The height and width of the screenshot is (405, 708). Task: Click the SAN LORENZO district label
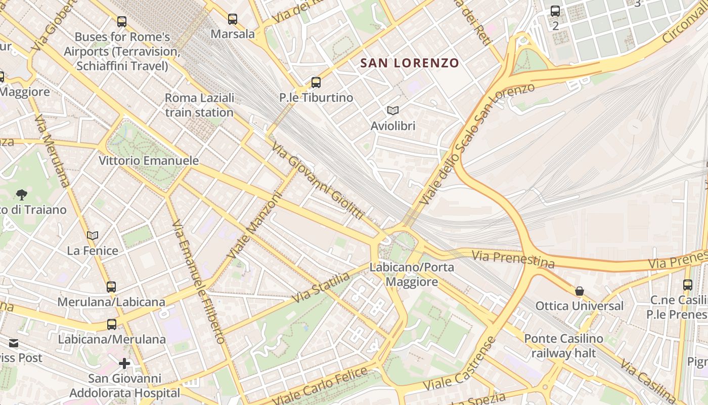409,63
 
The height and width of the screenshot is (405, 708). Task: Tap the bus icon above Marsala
232,19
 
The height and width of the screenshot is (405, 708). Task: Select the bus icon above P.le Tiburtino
316,83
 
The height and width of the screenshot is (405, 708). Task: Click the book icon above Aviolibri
393,110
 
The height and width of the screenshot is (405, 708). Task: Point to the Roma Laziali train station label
200,105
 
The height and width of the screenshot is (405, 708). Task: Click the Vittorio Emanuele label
149,160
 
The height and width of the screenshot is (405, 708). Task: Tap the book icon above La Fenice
93,235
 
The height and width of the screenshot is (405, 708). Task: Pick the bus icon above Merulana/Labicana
111,287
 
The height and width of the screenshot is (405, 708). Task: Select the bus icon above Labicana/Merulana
112,325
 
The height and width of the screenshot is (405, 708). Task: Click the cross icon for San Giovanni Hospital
124,363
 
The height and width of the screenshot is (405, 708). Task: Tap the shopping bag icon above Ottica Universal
580,291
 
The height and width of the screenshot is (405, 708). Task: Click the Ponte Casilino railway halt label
563,346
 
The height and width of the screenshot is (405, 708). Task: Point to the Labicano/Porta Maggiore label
412,274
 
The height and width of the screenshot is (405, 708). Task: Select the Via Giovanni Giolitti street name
318,181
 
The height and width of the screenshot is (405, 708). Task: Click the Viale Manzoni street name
254,224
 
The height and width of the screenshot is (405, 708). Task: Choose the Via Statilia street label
321,288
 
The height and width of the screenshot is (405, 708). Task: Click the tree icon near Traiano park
21,194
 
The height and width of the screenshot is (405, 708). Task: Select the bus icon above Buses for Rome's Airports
122,22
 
